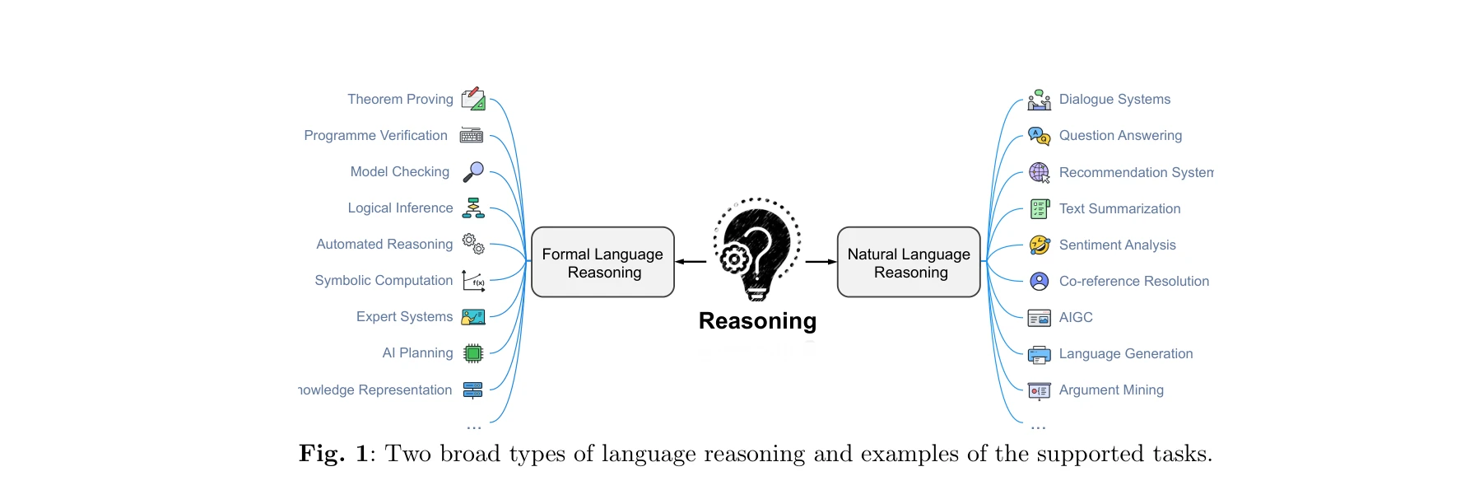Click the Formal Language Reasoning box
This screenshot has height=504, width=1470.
tap(602, 263)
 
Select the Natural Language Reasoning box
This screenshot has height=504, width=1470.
tap(909, 263)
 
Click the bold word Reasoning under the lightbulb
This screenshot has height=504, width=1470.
tap(757, 321)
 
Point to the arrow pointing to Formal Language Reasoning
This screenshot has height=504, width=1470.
tap(691, 262)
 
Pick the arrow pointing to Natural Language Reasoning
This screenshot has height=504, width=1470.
tap(821, 262)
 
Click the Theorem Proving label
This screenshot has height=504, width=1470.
tap(400, 100)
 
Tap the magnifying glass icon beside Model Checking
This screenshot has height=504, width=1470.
tap(473, 171)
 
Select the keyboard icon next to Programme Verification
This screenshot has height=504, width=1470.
tap(472, 136)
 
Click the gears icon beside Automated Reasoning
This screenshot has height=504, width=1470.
tap(473, 244)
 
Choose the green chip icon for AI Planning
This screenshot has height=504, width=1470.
tap(472, 353)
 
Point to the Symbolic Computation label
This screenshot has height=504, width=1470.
tap(384, 281)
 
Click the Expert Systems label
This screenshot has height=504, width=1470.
tap(404, 317)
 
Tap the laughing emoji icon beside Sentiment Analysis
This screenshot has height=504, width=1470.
tap(1040, 245)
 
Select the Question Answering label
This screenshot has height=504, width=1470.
tap(1120, 136)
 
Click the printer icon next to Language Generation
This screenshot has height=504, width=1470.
tap(1040, 355)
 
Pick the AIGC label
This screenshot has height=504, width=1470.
tap(1076, 318)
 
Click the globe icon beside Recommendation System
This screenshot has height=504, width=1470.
tap(1040, 172)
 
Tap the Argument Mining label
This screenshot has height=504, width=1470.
tap(1111, 390)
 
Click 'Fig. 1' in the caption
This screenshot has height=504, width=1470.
tap(333, 455)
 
